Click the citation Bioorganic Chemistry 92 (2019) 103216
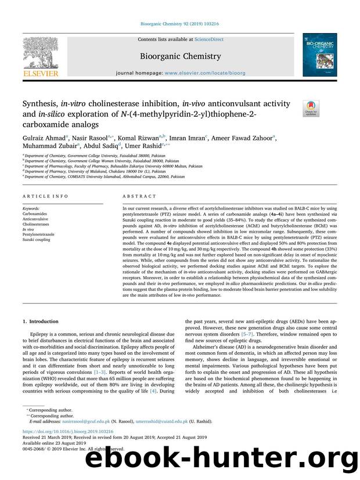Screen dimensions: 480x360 pos(179,24)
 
